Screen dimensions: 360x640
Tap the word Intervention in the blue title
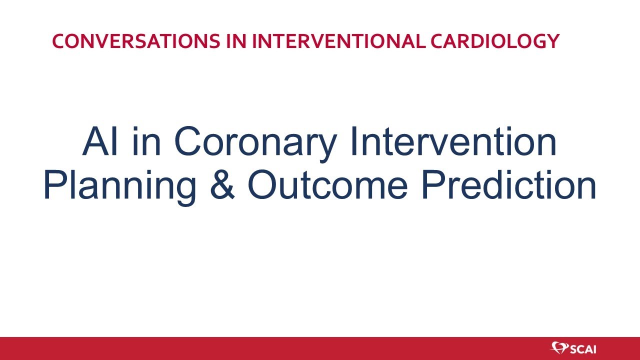tap(453, 142)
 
